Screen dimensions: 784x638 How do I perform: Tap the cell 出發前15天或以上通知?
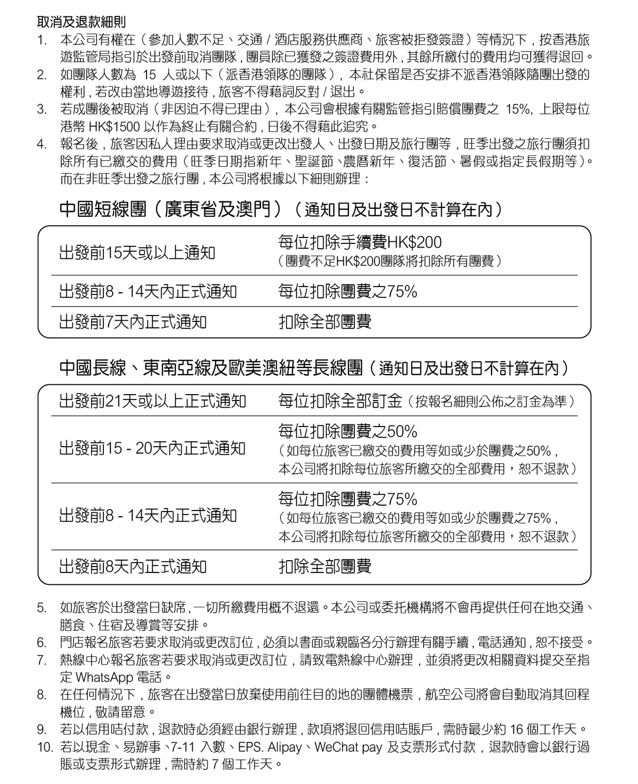(137, 253)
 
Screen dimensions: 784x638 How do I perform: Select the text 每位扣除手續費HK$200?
(360, 243)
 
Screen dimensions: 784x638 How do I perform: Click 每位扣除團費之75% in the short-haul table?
(347, 291)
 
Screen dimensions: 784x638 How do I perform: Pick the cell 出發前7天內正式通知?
(133, 322)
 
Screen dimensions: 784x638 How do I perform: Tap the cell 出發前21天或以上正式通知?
(152, 401)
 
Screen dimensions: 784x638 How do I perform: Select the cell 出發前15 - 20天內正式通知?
(152, 448)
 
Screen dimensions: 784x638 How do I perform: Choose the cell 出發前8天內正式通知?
(133, 567)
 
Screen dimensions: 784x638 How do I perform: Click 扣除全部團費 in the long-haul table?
(325, 567)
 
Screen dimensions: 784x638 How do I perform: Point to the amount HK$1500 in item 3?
(112, 126)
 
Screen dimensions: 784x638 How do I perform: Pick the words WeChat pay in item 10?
(349, 747)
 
